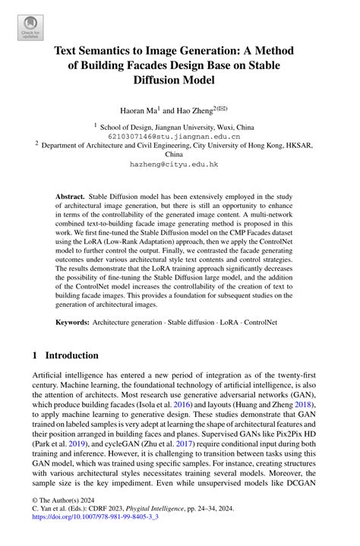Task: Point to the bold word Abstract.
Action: (70, 196)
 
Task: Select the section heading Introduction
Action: (71, 355)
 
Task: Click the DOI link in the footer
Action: (98, 535)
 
